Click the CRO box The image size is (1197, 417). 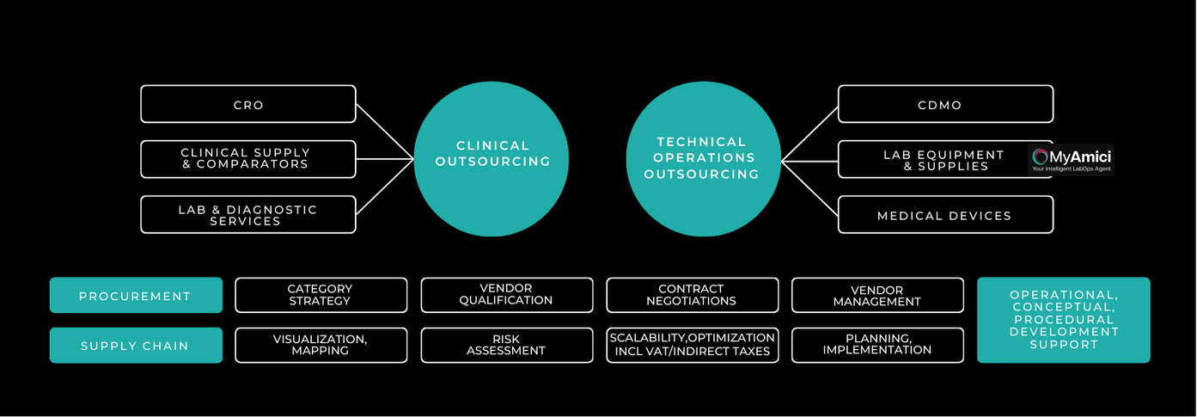pyautogui.click(x=248, y=104)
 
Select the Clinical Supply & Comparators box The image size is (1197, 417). pyautogui.click(x=248, y=159)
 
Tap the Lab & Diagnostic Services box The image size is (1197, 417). pyautogui.click(x=248, y=214)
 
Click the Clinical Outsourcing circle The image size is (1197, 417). pyautogui.click(x=492, y=154)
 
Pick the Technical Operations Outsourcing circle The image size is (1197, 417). pyautogui.click(x=702, y=157)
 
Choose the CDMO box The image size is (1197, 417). pyautogui.click(x=945, y=104)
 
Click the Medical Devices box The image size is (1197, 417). pyautogui.click(x=945, y=215)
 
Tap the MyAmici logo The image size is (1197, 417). pyautogui.click(x=1071, y=160)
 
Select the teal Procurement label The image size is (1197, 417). pyautogui.click(x=136, y=295)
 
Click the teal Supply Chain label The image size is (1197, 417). pyautogui.click(x=136, y=345)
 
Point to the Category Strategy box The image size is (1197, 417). pyautogui.click(x=321, y=295)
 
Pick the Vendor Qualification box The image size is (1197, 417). pyautogui.click(x=506, y=295)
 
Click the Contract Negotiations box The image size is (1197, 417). pyautogui.click(x=692, y=295)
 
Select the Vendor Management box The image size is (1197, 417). pyautogui.click(x=877, y=295)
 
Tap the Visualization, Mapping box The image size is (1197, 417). pyautogui.click(x=321, y=345)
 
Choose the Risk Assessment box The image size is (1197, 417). pyautogui.click(x=506, y=345)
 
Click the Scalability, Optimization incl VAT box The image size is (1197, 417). pyautogui.click(x=692, y=345)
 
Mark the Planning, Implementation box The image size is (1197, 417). pyautogui.click(x=877, y=345)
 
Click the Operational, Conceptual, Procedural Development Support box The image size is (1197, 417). pyautogui.click(x=1064, y=320)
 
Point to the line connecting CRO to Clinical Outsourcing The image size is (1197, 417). pyautogui.click(x=385, y=132)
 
